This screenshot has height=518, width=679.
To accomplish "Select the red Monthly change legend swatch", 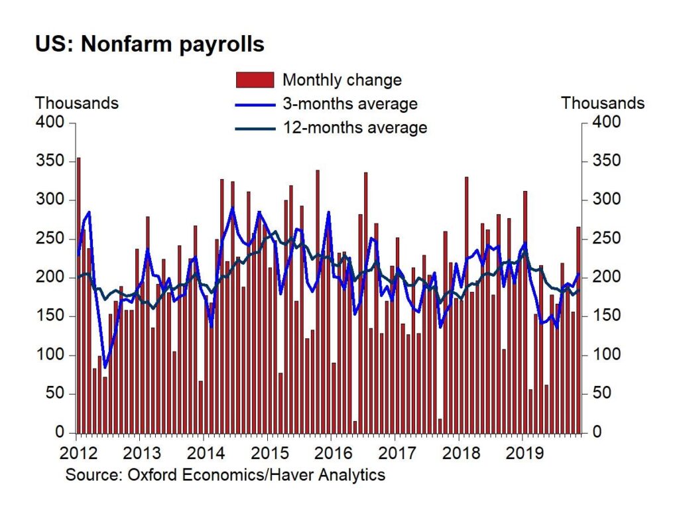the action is coord(255,80).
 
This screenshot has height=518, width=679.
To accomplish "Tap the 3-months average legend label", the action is coord(350,104).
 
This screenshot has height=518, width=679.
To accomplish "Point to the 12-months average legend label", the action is coord(355,128).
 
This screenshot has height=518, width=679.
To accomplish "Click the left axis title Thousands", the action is coord(77,103).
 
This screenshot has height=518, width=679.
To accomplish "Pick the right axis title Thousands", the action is coord(603,103).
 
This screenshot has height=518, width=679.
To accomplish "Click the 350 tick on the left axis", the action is coord(50,161).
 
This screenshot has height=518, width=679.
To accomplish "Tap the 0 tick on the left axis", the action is coord(60,432).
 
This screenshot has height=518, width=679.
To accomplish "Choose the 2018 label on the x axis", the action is coord(462,454).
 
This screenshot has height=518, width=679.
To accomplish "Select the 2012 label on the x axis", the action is coord(78,454).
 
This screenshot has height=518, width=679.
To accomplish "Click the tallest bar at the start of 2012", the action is coord(78,295).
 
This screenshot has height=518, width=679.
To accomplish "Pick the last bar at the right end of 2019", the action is coord(578,330).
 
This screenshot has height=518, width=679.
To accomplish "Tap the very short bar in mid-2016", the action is coord(355,427).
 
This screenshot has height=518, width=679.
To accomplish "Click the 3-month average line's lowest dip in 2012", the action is coord(105,367).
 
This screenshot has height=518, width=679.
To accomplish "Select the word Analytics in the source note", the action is coord(351,476).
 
